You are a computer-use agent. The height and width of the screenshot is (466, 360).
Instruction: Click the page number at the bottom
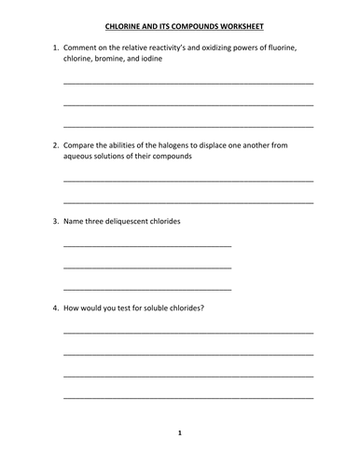pyautogui.click(x=180, y=432)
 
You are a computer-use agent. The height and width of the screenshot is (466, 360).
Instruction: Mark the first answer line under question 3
pyautogui.click(x=147, y=245)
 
